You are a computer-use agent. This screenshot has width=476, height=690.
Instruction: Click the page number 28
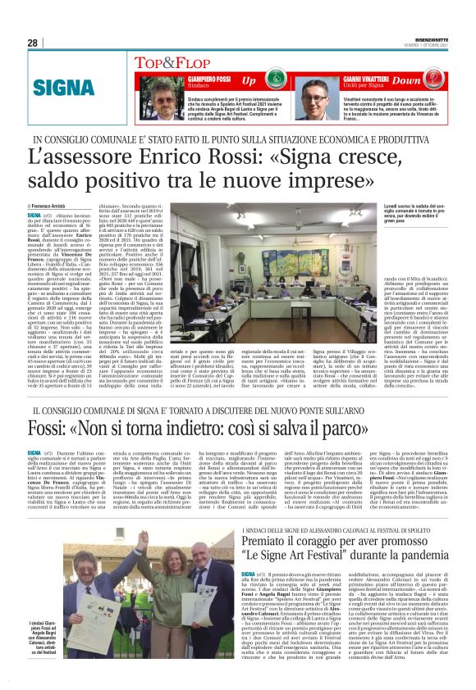tap(32, 43)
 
